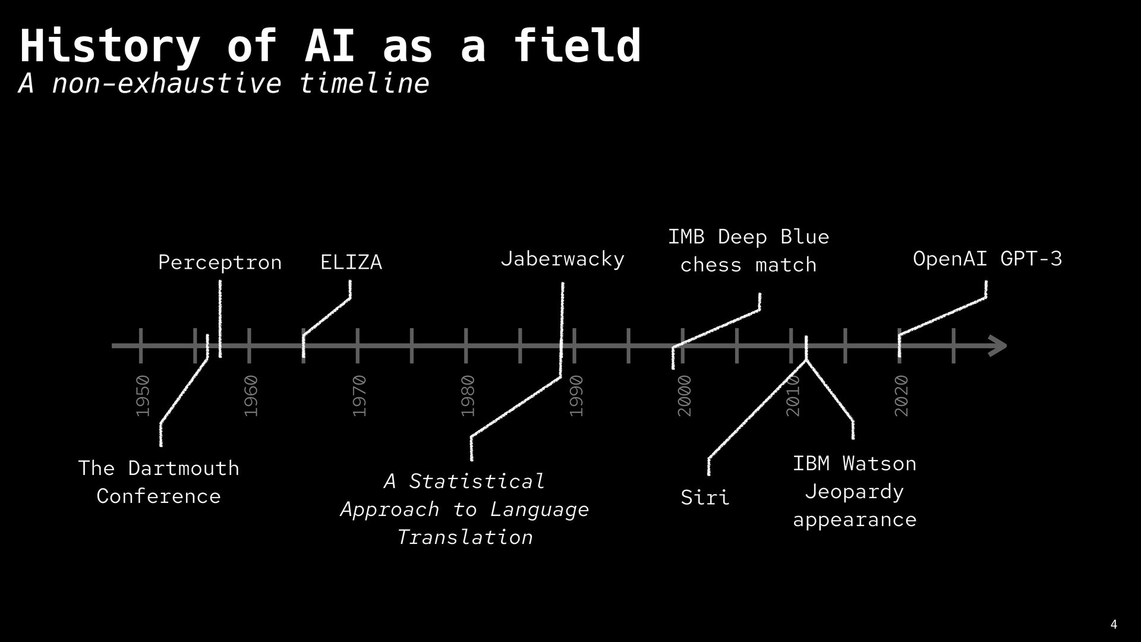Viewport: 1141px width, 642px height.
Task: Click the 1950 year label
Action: click(x=143, y=396)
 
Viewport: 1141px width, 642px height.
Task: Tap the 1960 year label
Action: click(x=251, y=396)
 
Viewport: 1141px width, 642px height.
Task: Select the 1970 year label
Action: click(x=360, y=396)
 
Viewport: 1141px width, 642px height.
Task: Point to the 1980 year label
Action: click(x=468, y=396)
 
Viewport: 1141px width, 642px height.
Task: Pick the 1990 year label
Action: click(x=576, y=396)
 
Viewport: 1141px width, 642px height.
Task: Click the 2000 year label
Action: click(x=685, y=396)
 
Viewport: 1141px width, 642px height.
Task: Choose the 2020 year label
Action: click(x=902, y=396)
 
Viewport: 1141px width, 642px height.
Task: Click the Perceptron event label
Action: click(x=220, y=262)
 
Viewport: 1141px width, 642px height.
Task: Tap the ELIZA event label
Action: click(x=351, y=262)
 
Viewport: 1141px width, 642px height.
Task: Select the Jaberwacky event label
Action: click(x=562, y=259)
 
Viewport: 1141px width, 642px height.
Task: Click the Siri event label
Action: click(x=705, y=497)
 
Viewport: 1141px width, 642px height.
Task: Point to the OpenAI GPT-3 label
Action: click(x=987, y=259)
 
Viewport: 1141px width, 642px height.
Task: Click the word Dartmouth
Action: click(x=184, y=468)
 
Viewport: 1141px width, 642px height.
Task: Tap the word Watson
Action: click(x=879, y=464)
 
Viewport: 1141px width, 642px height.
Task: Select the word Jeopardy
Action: click(x=854, y=492)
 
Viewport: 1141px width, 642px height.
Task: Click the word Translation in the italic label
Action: click(x=465, y=537)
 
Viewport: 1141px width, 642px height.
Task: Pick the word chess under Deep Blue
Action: click(x=711, y=265)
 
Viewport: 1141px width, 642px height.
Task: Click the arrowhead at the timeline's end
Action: click(x=998, y=346)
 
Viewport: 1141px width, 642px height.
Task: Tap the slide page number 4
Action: click(x=1114, y=625)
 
